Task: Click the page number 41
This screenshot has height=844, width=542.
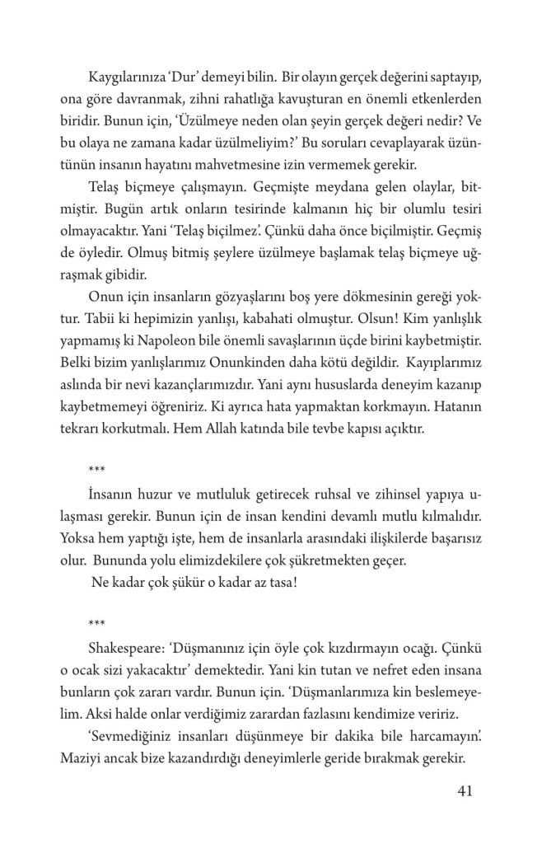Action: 463,792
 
